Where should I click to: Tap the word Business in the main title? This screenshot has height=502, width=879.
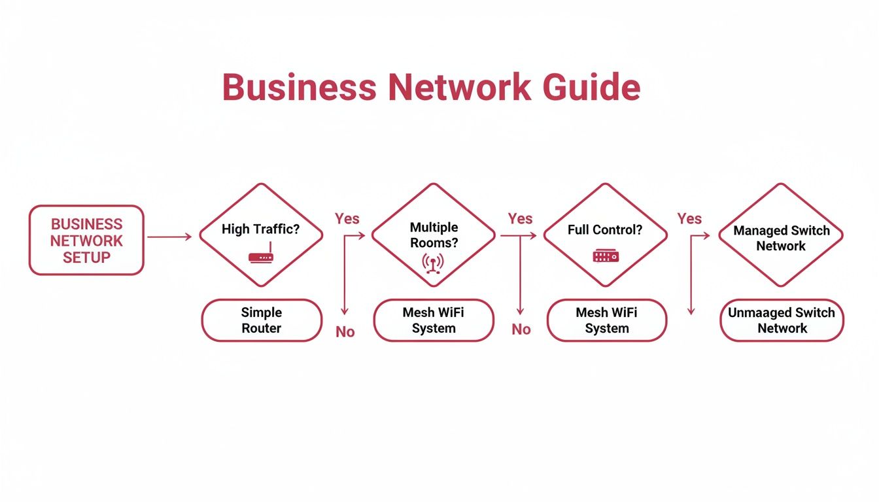[x=298, y=87]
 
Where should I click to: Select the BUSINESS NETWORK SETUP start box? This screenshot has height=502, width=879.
[x=86, y=240]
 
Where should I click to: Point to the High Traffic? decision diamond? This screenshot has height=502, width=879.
[x=261, y=234]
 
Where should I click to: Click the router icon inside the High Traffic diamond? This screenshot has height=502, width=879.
[x=261, y=256]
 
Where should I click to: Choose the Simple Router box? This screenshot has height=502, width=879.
[x=262, y=320]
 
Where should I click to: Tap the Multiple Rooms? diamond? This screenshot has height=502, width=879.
[x=434, y=234]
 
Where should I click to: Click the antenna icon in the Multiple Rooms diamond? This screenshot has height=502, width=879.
[x=433, y=263]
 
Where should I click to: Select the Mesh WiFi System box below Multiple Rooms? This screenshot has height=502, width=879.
[x=434, y=320]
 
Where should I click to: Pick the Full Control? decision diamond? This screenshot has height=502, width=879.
[x=605, y=234]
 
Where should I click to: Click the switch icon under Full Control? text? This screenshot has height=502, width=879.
[x=605, y=256]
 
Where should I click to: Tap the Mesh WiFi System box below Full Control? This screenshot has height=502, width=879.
[x=607, y=320]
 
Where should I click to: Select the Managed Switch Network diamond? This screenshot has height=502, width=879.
[x=781, y=235]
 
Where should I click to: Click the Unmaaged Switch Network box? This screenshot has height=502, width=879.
[x=782, y=320]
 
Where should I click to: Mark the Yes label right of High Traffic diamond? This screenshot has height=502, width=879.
[x=347, y=218]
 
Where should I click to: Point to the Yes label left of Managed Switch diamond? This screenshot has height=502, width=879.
[x=689, y=218]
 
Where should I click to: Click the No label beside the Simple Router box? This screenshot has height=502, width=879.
[x=345, y=332]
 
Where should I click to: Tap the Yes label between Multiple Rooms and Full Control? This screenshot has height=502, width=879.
[x=520, y=218]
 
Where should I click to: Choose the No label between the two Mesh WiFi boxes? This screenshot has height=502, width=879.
[x=521, y=329]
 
